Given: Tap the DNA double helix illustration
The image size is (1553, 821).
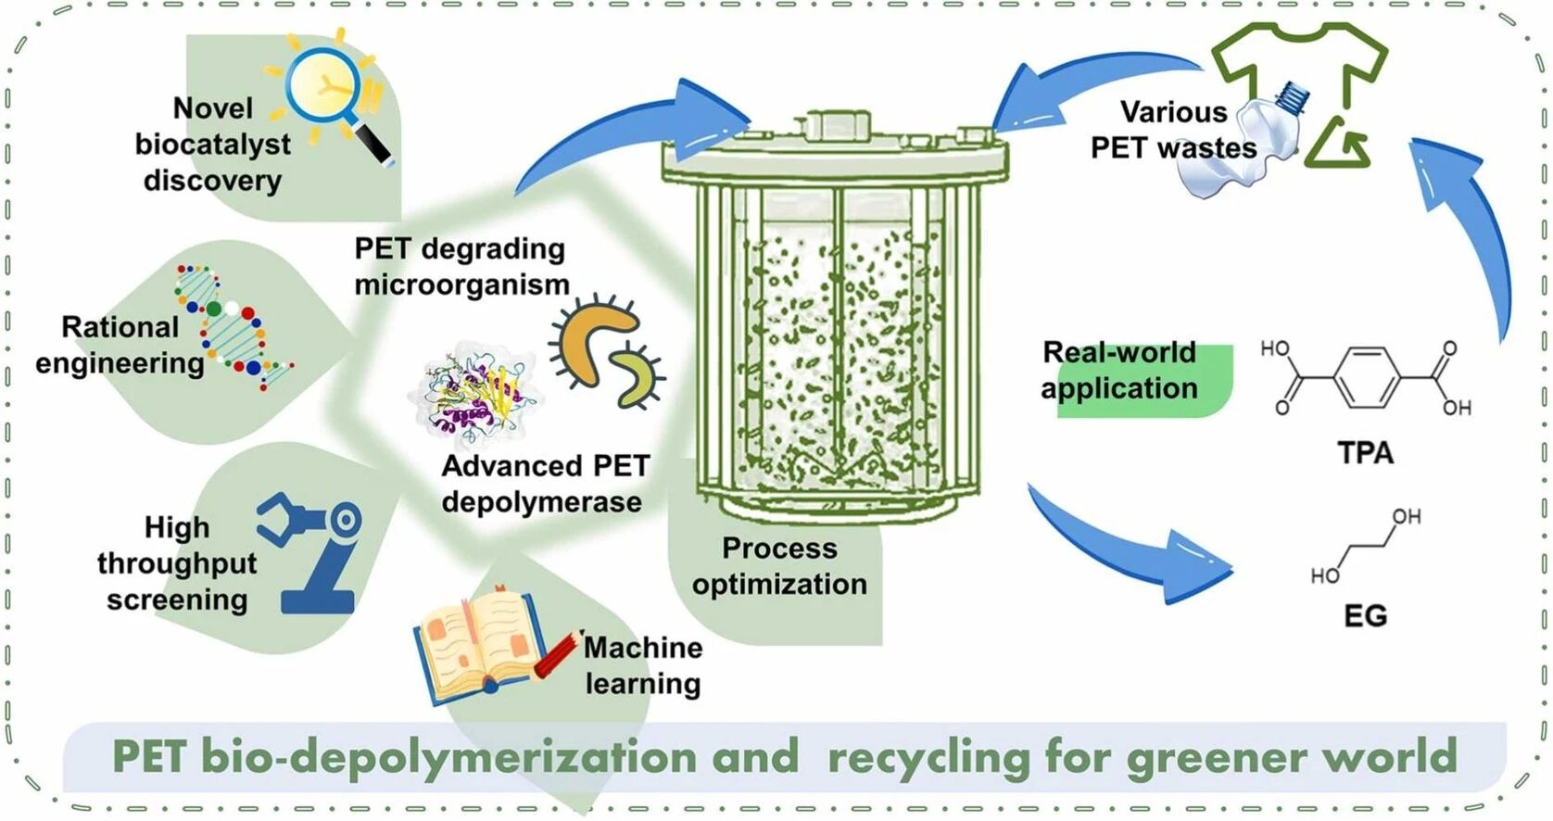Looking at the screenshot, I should tap(234, 326).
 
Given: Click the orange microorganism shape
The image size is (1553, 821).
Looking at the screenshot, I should tap(594, 338).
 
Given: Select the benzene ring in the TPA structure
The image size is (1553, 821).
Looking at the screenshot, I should tap(1367, 377).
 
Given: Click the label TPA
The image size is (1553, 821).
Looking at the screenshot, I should tap(1365, 453).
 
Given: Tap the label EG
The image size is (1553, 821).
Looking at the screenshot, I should tap(1365, 616).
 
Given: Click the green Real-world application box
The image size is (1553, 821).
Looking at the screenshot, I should tap(1144, 380).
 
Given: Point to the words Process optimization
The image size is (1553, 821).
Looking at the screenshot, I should tap(779, 566).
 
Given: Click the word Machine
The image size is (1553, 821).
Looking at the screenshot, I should tap(643, 647).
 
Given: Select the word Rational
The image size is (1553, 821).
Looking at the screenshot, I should tap(120, 327).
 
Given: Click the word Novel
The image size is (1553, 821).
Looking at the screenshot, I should tap(212, 108).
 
